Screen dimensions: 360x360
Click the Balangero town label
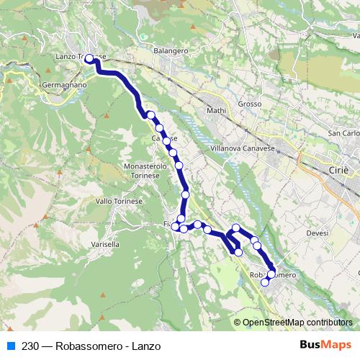pyautogui.click(x=171, y=51)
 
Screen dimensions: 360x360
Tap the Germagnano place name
pyautogui.click(x=63, y=84)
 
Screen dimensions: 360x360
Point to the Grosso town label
pyautogui.click(x=249, y=104)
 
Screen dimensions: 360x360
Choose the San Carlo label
pyautogui.click(x=343, y=134)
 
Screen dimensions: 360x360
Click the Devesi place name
pyautogui.click(x=317, y=233)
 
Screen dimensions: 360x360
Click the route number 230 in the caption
pyautogui.click(x=30, y=346)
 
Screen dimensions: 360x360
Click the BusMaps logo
pyautogui.click(x=326, y=346)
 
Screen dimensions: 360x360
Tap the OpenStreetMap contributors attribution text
pyautogui.click(x=297, y=323)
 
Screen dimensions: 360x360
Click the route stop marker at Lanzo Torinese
pyautogui.click(x=90, y=59)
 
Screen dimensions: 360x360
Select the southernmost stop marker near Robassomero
pyautogui.click(x=264, y=282)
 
